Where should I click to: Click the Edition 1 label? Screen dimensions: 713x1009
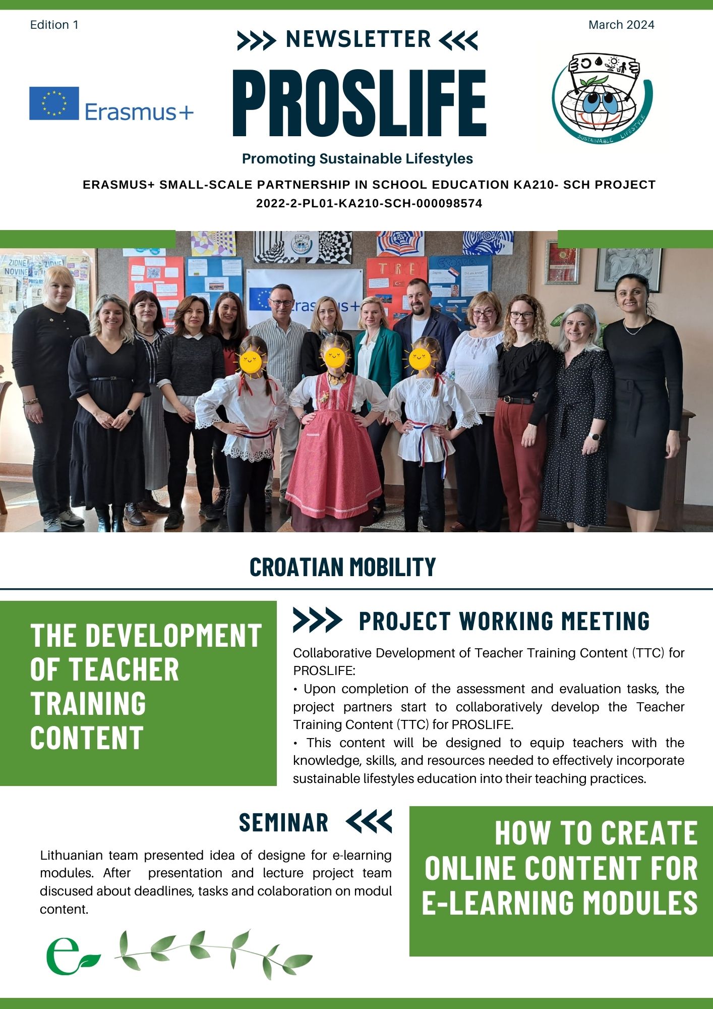click(54, 25)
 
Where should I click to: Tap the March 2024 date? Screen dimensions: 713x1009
click(621, 25)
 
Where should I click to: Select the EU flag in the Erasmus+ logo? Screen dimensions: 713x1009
click(54, 103)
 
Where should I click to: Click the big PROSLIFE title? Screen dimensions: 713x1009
click(359, 103)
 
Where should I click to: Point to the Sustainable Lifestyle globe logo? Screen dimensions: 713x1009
click(602, 98)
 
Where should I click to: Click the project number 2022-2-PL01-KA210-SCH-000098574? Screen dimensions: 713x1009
click(369, 203)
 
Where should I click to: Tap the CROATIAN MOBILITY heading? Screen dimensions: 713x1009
click(343, 567)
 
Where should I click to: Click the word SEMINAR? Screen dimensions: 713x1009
click(283, 823)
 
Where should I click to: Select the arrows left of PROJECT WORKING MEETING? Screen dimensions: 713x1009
click(318, 620)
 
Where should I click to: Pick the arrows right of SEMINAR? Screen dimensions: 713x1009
click(369, 821)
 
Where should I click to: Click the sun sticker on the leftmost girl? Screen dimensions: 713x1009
click(251, 360)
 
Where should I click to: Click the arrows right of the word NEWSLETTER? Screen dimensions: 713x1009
click(458, 40)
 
